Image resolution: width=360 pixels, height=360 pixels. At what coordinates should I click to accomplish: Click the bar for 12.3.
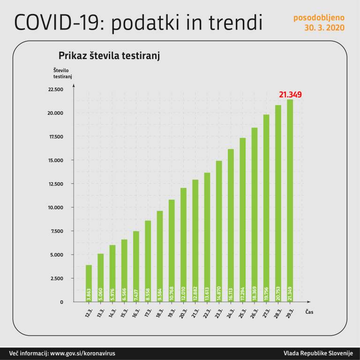[89, 283]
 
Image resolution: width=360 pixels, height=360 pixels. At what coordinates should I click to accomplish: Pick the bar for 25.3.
[242, 220]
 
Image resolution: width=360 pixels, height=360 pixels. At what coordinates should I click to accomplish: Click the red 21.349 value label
[290, 95]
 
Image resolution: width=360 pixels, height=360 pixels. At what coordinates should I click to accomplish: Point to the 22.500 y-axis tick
[55, 90]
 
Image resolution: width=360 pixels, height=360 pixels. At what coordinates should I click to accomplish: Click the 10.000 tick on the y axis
[55, 207]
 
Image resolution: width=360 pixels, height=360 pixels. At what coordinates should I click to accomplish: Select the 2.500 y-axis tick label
[56, 278]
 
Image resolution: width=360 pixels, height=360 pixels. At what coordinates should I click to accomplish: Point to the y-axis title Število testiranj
[62, 73]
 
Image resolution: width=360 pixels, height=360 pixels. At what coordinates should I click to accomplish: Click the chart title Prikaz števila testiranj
[109, 56]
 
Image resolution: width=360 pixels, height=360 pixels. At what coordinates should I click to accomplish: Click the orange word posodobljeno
[319, 18]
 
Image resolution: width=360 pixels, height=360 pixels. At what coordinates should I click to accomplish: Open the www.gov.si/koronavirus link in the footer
[82, 353]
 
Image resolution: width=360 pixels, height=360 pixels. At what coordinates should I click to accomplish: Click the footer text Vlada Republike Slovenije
[318, 353]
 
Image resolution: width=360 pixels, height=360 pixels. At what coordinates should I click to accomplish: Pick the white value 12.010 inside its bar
[183, 294]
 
